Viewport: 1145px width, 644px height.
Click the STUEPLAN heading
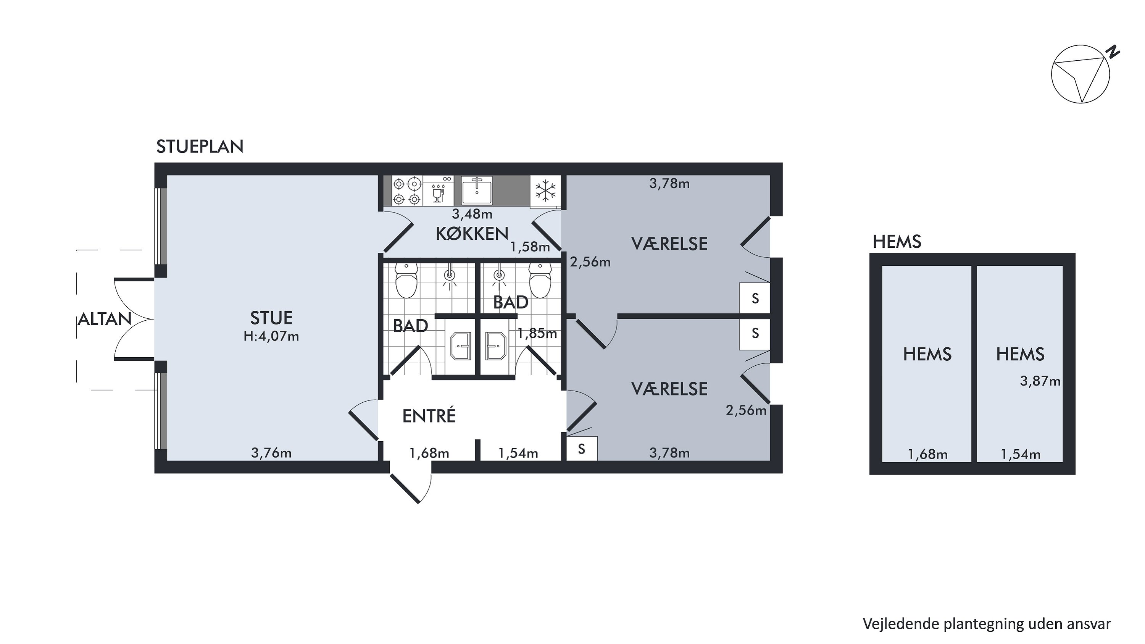point(200,147)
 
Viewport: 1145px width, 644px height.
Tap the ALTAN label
point(105,319)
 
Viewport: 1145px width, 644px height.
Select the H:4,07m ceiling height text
point(271,336)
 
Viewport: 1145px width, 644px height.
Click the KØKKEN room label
point(472,234)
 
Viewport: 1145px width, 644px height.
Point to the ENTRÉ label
point(429,416)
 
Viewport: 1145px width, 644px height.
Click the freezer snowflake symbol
point(545,190)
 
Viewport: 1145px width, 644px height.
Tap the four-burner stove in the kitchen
point(407,191)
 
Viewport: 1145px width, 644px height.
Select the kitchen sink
point(476,190)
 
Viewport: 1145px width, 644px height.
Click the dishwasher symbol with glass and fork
point(438,191)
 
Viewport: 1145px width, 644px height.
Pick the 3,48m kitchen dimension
point(472,214)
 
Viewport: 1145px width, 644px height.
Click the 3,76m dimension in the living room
point(271,453)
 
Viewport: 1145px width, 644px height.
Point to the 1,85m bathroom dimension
point(537,333)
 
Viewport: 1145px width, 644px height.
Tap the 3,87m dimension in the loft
point(1040,381)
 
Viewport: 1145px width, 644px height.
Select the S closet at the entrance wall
point(582,449)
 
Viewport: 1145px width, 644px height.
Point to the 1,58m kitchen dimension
point(530,247)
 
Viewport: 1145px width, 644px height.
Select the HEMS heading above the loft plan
point(897,242)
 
